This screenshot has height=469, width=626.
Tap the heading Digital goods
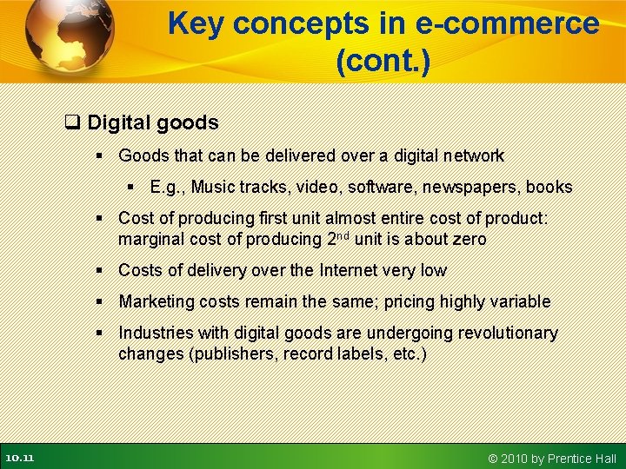153,122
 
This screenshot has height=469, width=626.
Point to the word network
472,156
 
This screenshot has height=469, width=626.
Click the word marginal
149,239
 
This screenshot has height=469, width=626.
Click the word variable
520,301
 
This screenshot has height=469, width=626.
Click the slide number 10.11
18,458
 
